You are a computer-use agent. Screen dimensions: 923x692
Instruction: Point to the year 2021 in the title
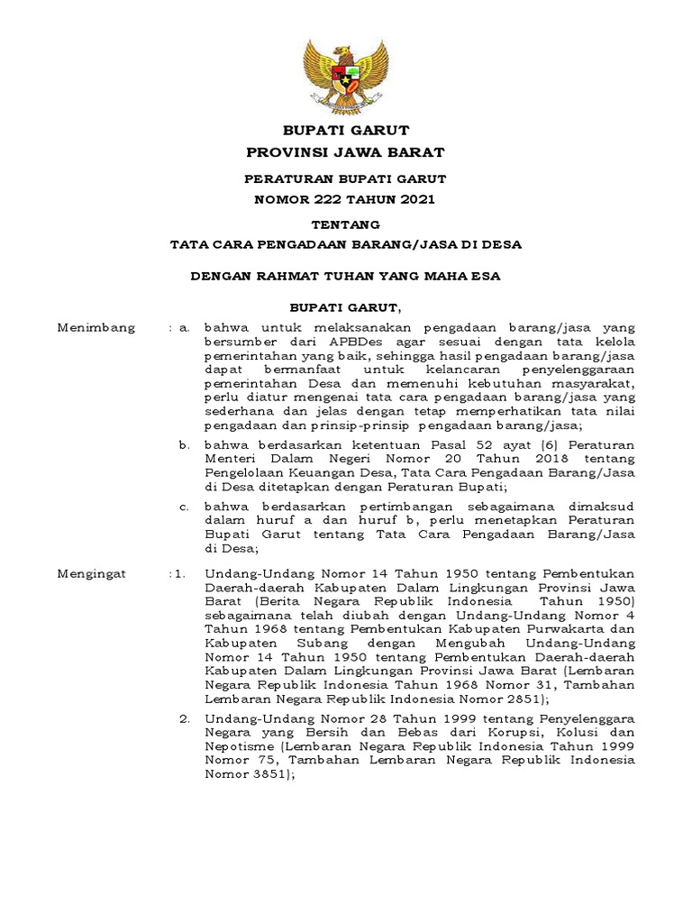(x=415, y=198)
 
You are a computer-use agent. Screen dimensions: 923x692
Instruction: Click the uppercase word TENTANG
(x=345, y=224)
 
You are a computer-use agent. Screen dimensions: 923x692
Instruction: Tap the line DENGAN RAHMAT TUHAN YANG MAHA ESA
(x=345, y=276)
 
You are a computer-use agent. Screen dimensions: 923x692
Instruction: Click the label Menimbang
(x=96, y=328)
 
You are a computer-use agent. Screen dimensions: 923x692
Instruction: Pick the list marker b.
(x=183, y=444)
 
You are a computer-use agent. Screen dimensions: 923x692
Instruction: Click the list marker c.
(x=183, y=507)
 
